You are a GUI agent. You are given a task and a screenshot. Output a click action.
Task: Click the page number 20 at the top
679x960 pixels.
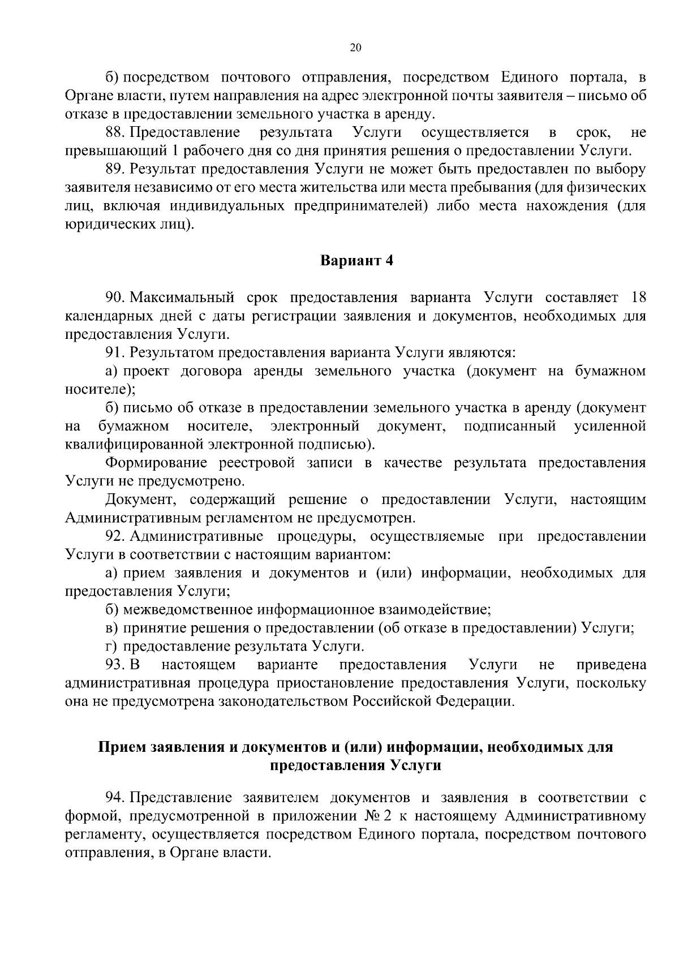tap(355, 48)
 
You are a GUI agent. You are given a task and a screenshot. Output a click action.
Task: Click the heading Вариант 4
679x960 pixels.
tap(356, 261)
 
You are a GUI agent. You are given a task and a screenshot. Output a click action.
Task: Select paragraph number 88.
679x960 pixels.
tap(115, 133)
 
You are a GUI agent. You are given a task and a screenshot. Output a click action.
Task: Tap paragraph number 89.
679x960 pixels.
tap(115, 169)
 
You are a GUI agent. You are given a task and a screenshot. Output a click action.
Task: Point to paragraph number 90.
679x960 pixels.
tap(115, 298)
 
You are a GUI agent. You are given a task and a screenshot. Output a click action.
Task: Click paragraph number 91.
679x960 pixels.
tap(115, 353)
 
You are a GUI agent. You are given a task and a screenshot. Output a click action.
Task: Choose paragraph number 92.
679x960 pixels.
tap(115, 536)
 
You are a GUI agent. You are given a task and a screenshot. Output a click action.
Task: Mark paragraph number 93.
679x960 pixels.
tap(115, 664)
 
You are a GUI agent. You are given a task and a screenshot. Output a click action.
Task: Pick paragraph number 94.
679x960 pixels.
tap(115, 798)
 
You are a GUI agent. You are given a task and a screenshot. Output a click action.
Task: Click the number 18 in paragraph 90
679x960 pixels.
tap(638, 298)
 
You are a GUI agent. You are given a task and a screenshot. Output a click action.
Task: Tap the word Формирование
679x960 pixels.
tap(153, 463)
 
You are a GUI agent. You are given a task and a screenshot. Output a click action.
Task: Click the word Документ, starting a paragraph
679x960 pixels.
tap(141, 500)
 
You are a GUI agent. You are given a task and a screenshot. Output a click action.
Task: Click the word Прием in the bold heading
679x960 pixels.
tap(121, 747)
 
